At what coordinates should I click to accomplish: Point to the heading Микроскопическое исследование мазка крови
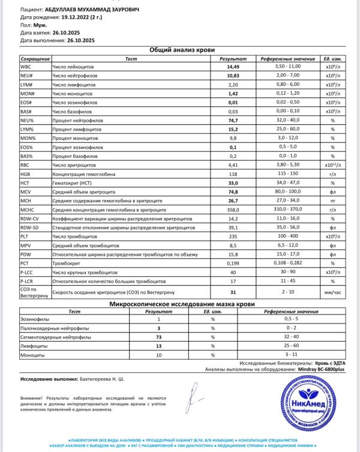181,304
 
